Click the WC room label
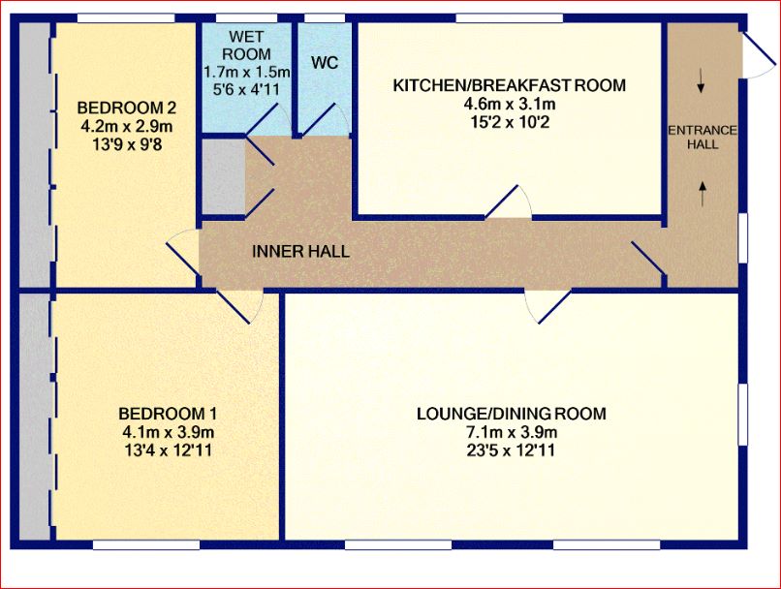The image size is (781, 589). (x=325, y=63)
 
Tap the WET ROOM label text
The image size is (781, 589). (x=246, y=46)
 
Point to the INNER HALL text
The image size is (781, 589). (x=300, y=252)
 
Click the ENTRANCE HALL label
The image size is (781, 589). (x=703, y=138)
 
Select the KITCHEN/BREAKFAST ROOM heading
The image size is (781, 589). (x=509, y=85)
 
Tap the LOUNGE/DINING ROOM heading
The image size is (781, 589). (x=511, y=414)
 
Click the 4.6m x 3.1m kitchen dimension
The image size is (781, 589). (x=509, y=104)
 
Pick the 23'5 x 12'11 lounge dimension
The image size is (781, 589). (x=511, y=450)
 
